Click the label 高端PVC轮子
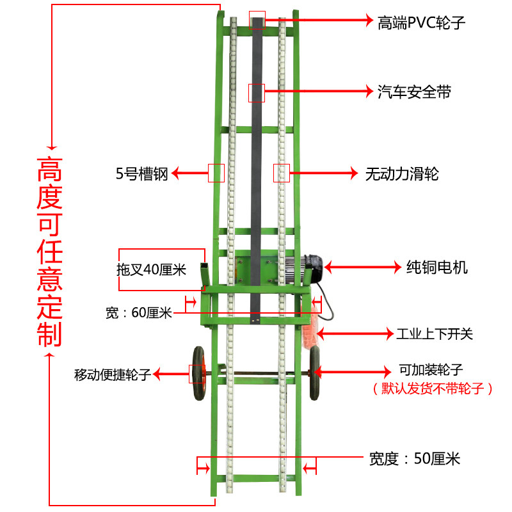point(420,23)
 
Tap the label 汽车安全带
point(413,92)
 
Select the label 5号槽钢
point(141,173)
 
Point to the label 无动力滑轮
point(401,173)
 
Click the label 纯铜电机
point(437,266)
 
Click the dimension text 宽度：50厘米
point(414,458)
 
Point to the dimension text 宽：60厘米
point(138,313)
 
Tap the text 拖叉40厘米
point(151,269)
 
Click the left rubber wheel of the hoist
point(198,373)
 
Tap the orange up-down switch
point(313,330)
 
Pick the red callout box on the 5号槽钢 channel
point(216,173)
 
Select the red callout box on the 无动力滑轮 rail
point(282,173)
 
